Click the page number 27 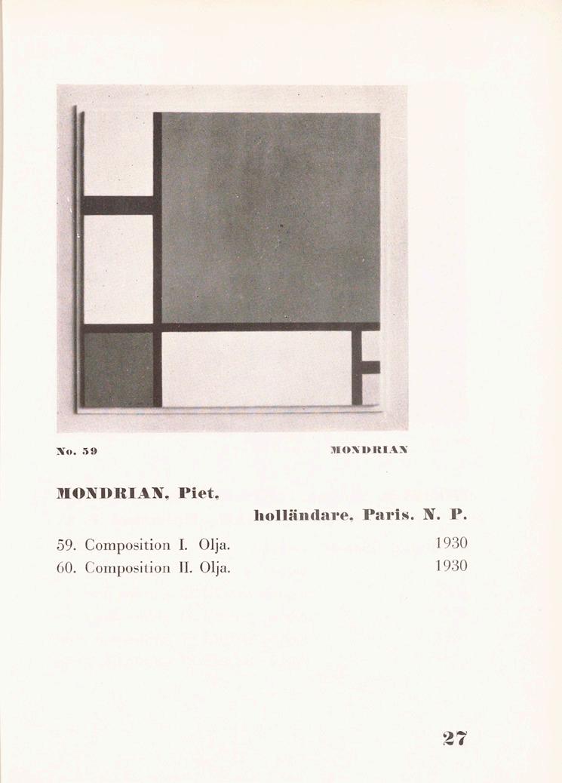[x=456, y=738]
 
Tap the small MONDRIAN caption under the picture [x=370, y=450]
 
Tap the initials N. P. [x=449, y=517]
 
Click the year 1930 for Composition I [x=451, y=543]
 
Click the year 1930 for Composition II [x=451, y=567]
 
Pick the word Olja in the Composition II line [x=214, y=567]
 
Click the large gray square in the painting [x=270, y=217]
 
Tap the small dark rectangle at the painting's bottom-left [x=118, y=370]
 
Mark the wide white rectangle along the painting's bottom [x=256, y=369]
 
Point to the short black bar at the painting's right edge [x=370, y=367]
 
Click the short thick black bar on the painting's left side [x=118, y=205]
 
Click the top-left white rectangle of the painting [x=118, y=154]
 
